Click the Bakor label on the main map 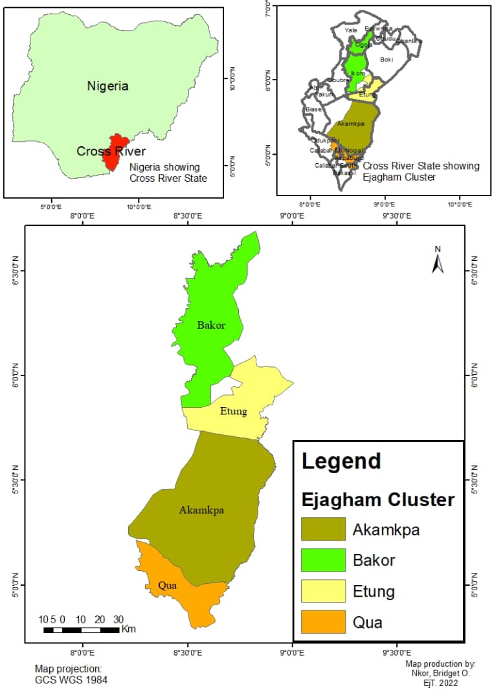click(211, 325)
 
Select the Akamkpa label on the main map click(201, 510)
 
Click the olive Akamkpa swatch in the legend click(324, 529)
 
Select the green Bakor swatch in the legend click(324, 560)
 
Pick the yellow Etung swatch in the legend click(324, 591)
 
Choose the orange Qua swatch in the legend click(324, 622)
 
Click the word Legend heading click(341, 461)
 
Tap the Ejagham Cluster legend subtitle click(378, 500)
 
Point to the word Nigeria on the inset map click(108, 85)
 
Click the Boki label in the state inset click(387, 60)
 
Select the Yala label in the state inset click(351, 30)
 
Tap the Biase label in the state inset click(313, 109)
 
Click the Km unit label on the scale click(128, 629)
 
